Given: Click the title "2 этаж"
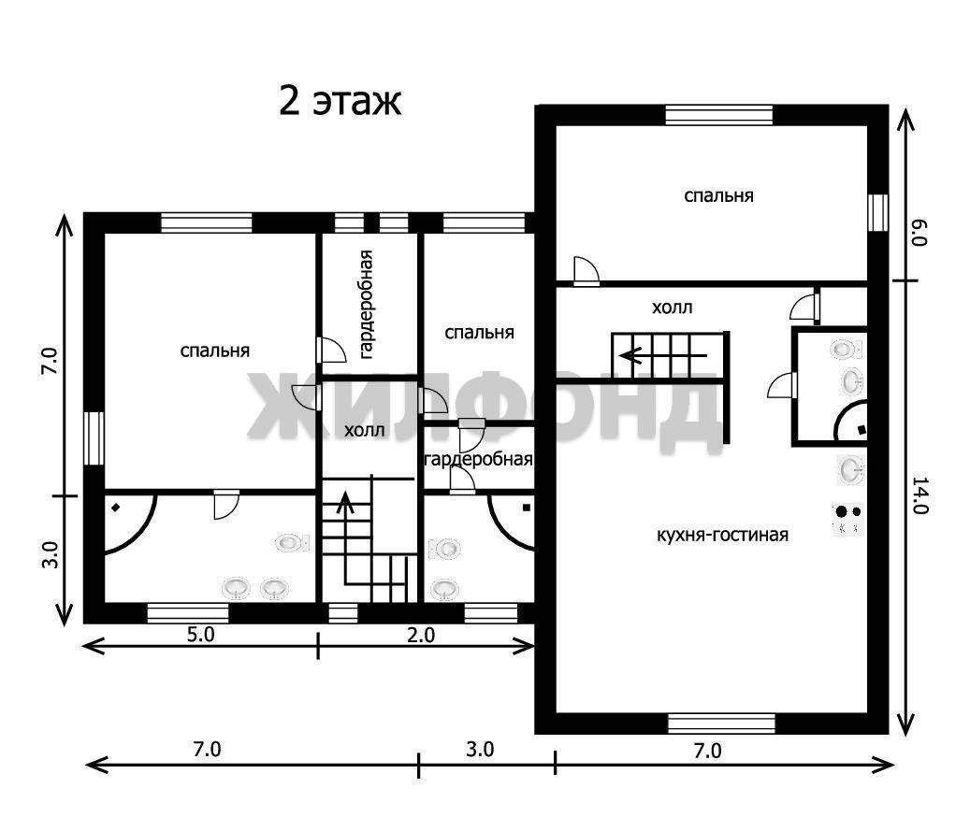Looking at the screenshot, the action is tap(340, 101).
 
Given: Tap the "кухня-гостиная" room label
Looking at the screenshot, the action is tap(722, 535).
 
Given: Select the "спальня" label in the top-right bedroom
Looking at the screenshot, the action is tap(718, 196).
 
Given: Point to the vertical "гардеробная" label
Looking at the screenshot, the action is tap(367, 304).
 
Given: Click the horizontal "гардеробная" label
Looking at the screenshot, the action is tap(478, 459).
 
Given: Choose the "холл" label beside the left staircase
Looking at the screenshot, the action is tap(365, 430).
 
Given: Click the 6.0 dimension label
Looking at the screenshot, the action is tap(919, 233).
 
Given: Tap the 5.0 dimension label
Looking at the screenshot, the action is tap(201, 635).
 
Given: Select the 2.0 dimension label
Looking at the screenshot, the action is tap(421, 635).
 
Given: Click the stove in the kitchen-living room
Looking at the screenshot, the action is tap(848, 520).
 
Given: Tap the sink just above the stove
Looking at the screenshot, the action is tap(850, 469).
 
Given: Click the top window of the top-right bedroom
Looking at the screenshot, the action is tap(718, 115).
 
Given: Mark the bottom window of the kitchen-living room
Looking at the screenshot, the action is tap(721, 724).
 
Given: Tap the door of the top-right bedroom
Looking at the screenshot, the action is tap(586, 271).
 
